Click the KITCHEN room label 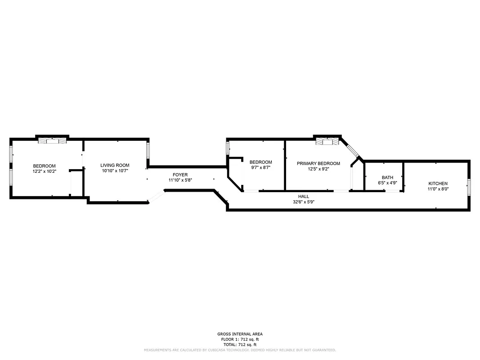(437, 183)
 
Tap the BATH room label (387, 177)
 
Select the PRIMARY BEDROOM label (318, 163)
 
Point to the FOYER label (180, 175)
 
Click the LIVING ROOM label (115, 165)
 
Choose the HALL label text (303, 197)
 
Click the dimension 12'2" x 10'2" (44, 171)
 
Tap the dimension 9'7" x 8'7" (260, 167)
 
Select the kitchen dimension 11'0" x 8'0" (438, 189)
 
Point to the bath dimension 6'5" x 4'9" (387, 183)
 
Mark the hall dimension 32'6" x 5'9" (303, 202)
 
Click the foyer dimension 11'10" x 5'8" (180, 180)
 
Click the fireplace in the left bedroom (52, 141)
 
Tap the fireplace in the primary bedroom (327, 142)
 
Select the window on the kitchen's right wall (469, 186)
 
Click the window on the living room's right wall (147, 150)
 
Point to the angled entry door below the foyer (156, 196)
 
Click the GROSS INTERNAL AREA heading (240, 334)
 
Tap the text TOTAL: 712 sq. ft (240, 344)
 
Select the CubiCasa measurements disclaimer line (240, 350)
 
